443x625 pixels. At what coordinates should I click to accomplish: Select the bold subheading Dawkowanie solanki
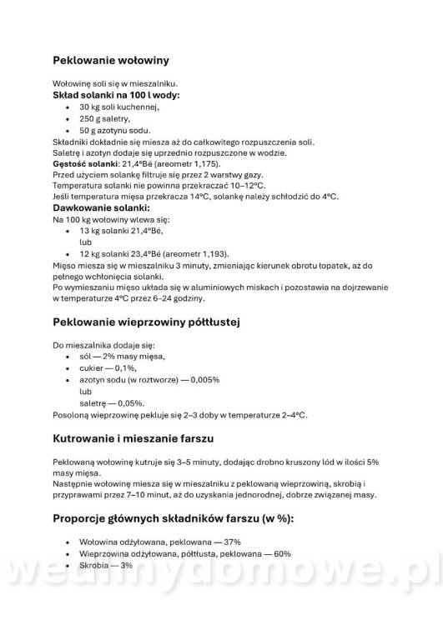101,207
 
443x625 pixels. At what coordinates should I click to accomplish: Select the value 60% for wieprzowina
279,553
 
